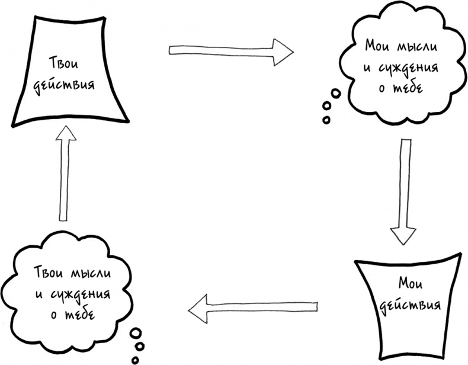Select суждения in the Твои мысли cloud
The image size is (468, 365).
click(84, 294)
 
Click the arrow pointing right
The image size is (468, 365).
click(231, 50)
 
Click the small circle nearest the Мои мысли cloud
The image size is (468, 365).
click(336, 93)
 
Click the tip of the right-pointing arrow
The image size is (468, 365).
click(293, 50)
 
